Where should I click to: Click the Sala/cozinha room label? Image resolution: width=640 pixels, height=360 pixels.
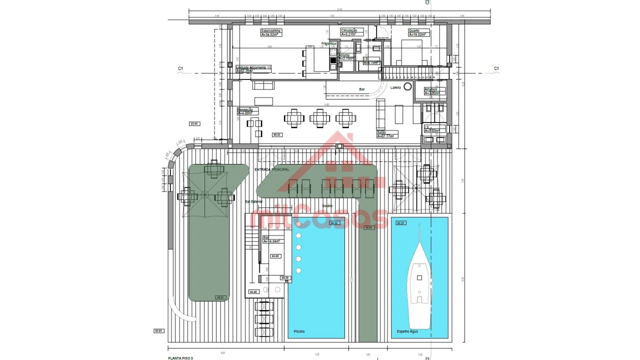[x=271, y=31]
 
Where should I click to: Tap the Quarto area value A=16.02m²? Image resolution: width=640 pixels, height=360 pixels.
[x=419, y=35]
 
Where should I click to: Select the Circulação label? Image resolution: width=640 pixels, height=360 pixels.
[x=349, y=30]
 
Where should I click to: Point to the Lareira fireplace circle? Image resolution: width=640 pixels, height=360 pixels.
[x=407, y=86]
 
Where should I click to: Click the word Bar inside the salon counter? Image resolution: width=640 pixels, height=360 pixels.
[x=361, y=89]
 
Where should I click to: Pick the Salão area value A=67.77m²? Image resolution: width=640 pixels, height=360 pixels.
[x=385, y=136]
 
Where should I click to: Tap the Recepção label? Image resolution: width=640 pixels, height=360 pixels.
[x=245, y=109]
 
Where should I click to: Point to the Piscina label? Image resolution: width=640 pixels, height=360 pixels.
[x=299, y=331]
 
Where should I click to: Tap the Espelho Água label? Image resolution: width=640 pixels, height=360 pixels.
[x=407, y=331]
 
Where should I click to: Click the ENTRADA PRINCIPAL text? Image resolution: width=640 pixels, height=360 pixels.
[x=271, y=170]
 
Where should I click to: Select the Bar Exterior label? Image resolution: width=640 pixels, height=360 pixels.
[x=253, y=201]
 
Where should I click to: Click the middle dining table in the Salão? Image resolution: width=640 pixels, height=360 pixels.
[x=319, y=118]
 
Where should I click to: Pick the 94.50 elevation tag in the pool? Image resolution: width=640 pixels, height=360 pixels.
[x=333, y=223]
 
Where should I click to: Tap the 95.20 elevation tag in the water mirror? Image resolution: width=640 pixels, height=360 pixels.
[x=400, y=223]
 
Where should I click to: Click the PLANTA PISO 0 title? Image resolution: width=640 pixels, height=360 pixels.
[x=180, y=358]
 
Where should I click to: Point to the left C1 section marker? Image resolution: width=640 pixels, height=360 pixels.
[x=180, y=68]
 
